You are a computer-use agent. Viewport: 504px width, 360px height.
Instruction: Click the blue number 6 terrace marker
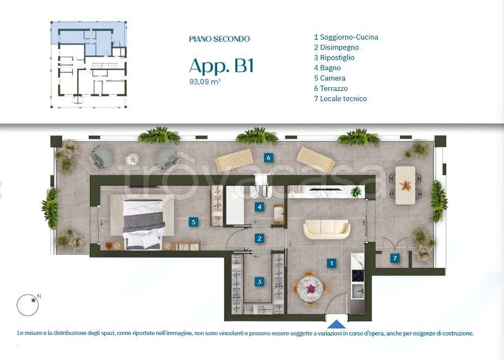click(268, 158)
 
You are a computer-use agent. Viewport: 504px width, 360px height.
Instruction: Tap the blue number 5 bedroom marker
click(193, 222)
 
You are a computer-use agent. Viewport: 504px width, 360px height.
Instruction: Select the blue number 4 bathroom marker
click(260, 206)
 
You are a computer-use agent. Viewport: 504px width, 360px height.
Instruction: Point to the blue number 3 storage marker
click(260, 282)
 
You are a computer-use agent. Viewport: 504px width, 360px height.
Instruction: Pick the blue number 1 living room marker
click(331, 263)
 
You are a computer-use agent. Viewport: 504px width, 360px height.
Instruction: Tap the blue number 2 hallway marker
click(260, 238)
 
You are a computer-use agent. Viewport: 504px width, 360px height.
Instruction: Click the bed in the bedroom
click(144, 224)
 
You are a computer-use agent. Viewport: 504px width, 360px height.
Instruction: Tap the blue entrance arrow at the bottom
click(337, 324)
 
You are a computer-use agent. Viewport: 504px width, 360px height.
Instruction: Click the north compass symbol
click(28, 305)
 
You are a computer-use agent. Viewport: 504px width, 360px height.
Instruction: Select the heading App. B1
click(221, 66)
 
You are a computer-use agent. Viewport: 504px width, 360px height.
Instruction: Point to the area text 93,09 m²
click(205, 82)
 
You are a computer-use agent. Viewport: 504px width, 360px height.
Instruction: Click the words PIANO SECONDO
click(219, 39)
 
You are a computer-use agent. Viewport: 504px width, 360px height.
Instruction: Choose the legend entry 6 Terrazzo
click(330, 88)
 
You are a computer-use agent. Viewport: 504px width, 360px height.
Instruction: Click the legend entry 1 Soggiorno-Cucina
click(346, 37)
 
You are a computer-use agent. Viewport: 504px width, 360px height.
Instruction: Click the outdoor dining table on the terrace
click(405, 185)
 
